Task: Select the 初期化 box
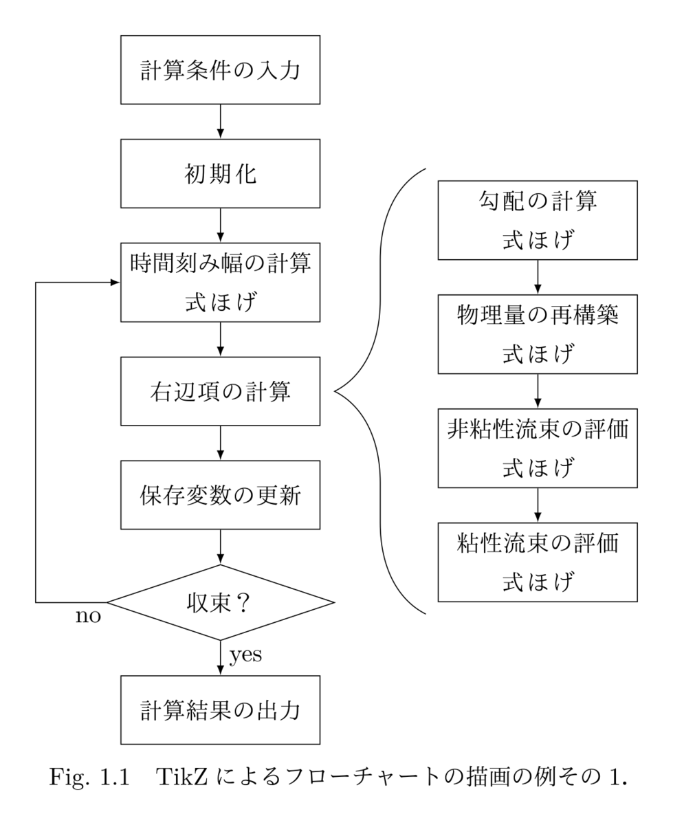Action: pos(220,174)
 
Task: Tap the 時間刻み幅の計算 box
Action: pos(220,283)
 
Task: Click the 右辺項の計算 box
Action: pos(220,391)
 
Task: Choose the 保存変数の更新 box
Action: pos(220,495)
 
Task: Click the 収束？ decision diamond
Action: pos(220,603)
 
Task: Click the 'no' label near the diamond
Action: pos(88,616)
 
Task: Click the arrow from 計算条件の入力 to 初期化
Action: pos(220,122)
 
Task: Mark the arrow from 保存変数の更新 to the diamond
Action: pos(220,547)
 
